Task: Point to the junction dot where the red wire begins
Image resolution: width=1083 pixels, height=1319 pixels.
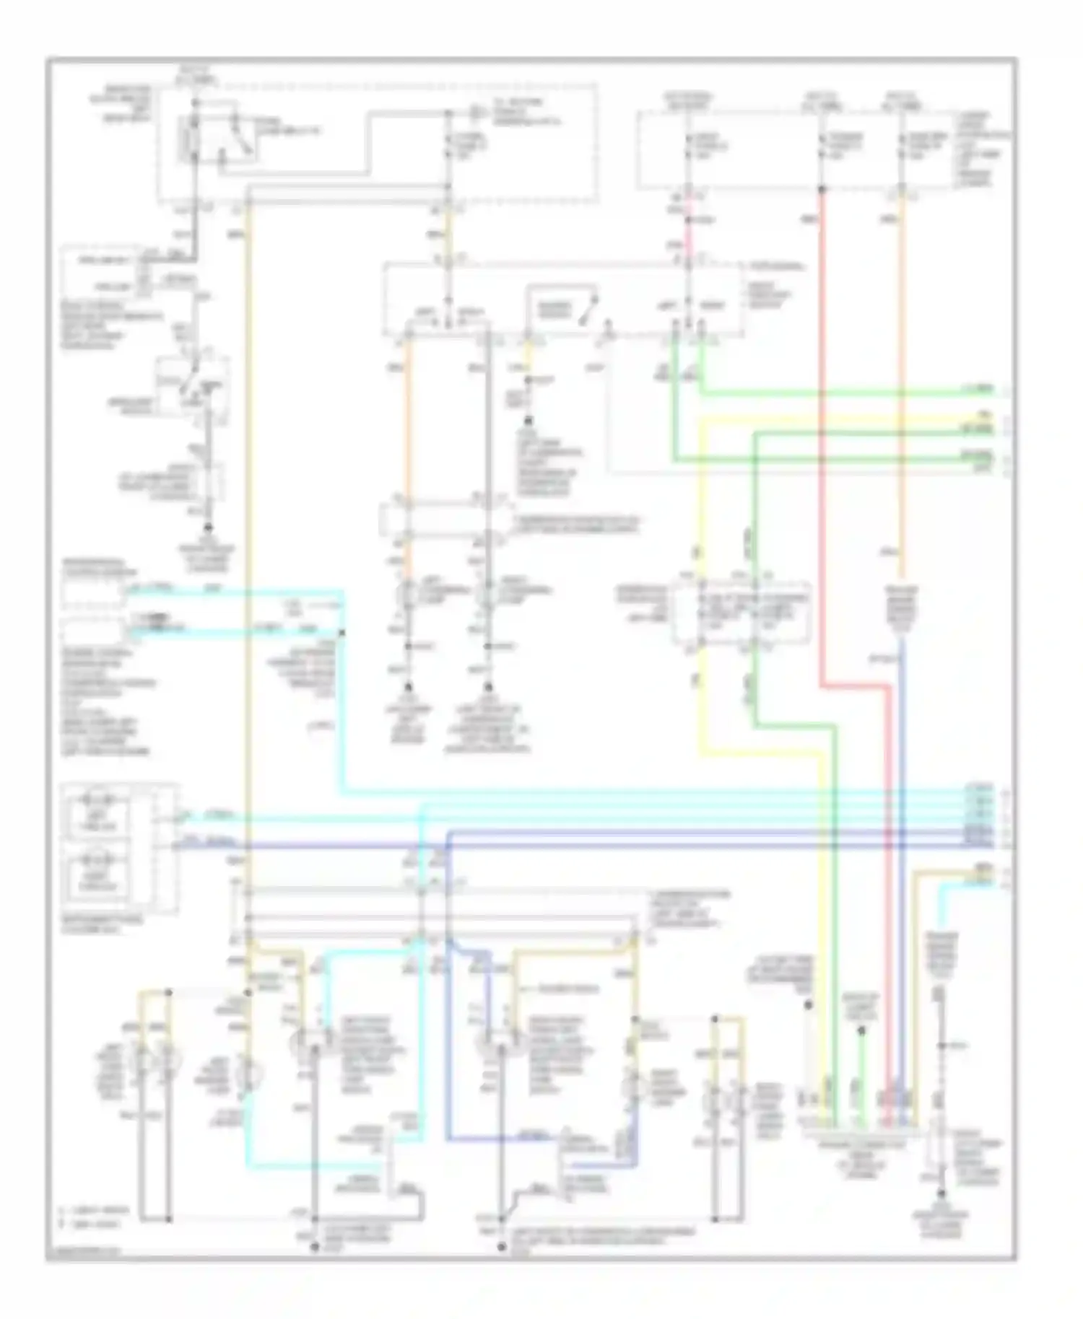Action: click(x=822, y=190)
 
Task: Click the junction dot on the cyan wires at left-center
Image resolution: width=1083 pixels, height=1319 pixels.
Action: click(x=342, y=633)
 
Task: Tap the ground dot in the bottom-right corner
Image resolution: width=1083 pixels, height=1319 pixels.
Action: click(x=941, y=1214)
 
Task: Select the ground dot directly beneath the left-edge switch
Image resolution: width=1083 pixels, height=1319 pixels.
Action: click(x=209, y=531)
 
